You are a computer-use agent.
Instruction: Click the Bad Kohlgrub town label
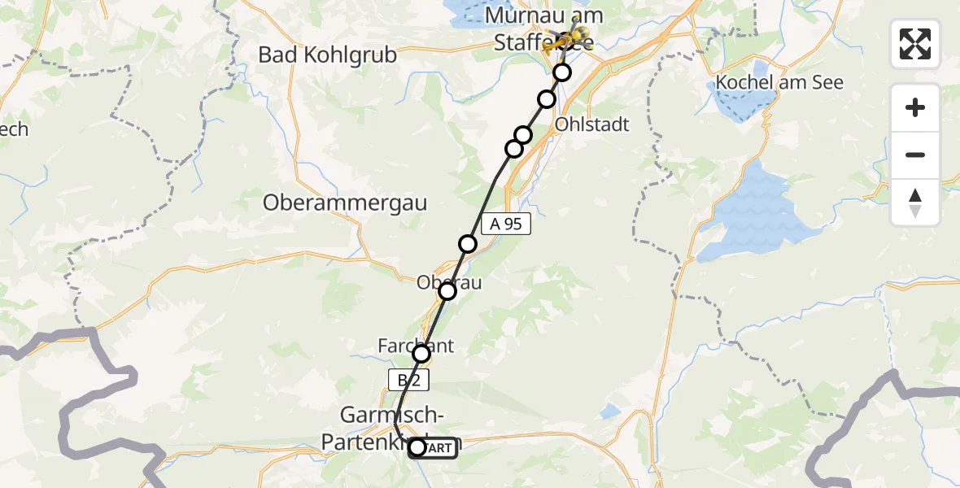[327, 55]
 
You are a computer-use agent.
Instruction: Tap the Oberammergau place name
[345, 203]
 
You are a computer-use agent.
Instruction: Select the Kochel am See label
[779, 83]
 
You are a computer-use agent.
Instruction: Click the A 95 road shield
[506, 224]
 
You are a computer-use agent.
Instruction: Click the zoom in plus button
[915, 107]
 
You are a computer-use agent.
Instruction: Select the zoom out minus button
[915, 155]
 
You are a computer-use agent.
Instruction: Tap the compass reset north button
[915, 203]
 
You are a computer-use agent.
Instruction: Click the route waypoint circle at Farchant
[421, 354]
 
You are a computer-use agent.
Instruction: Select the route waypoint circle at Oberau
[447, 291]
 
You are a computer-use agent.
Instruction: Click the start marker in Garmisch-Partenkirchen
[417, 447]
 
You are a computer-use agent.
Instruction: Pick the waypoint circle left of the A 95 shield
[468, 243]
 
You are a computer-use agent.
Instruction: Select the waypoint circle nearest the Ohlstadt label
[547, 99]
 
